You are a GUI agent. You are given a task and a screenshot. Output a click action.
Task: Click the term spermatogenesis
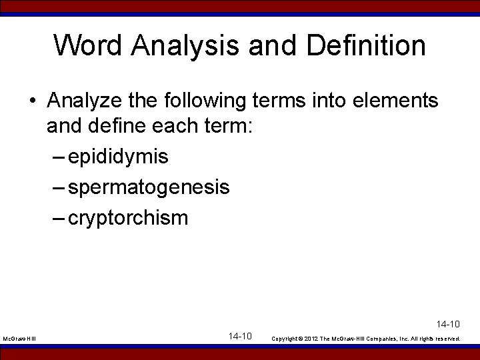pos(149,187)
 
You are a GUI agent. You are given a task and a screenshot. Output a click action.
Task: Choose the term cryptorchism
pos(128,217)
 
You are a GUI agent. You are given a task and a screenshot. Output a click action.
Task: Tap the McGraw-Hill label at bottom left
pos(19,339)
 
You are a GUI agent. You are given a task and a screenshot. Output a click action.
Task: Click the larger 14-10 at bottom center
pos(239,336)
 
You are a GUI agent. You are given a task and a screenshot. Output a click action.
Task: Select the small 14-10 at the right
pos(448,324)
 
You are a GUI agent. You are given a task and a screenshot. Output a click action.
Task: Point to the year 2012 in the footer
pos(314,339)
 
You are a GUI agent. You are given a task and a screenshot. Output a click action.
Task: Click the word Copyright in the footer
pos(287,339)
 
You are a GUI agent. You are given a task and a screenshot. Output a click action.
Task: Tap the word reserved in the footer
pos(446,339)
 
